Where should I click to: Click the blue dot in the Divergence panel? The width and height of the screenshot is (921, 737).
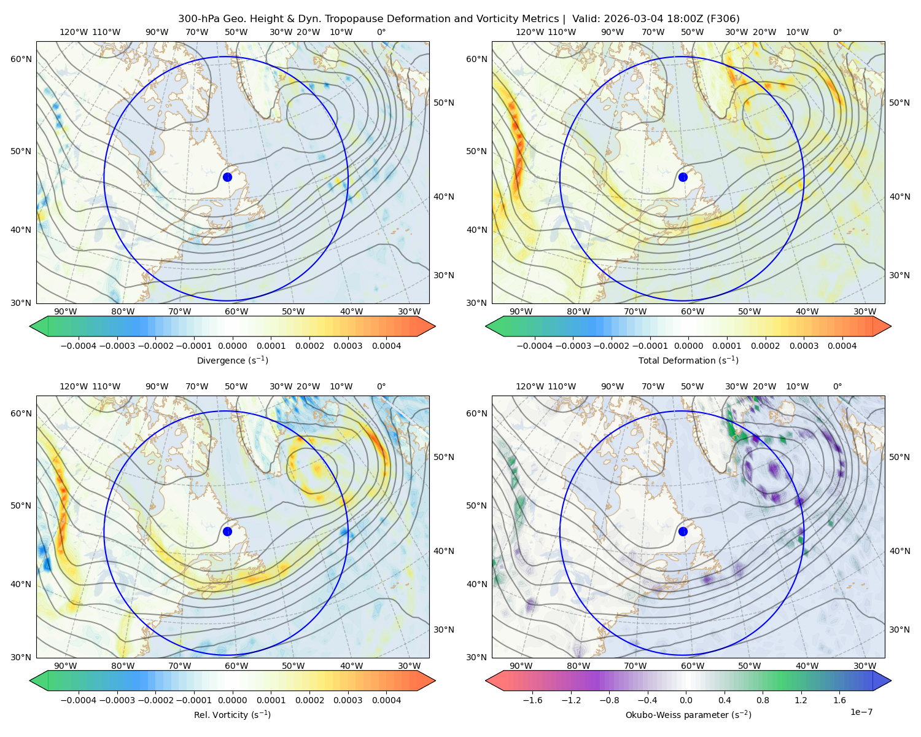(x=227, y=177)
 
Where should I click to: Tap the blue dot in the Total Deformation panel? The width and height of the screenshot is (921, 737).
(x=683, y=177)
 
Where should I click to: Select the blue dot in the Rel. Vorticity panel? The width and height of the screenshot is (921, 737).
(x=227, y=531)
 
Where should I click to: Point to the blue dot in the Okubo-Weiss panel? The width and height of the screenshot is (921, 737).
(x=683, y=531)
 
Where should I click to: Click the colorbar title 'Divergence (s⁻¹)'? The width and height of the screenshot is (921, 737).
(x=232, y=360)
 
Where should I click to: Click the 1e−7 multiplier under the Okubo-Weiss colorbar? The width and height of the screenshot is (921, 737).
(x=861, y=712)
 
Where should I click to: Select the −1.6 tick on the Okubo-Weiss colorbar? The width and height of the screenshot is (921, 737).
(x=532, y=700)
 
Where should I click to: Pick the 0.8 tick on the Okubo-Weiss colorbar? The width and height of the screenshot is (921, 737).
(x=763, y=700)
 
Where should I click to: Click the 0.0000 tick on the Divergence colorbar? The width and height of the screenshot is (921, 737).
(x=232, y=346)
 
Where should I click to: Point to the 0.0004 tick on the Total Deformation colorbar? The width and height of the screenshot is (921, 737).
(x=842, y=346)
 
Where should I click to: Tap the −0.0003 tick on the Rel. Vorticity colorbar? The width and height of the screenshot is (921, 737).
(x=117, y=700)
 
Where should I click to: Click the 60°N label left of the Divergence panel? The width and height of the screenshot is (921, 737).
(x=21, y=59)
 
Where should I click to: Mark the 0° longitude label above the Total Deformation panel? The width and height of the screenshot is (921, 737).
(x=837, y=32)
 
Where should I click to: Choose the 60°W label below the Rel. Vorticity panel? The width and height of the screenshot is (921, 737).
(x=236, y=666)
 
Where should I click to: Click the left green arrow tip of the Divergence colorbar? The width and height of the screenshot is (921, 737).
(x=30, y=326)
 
